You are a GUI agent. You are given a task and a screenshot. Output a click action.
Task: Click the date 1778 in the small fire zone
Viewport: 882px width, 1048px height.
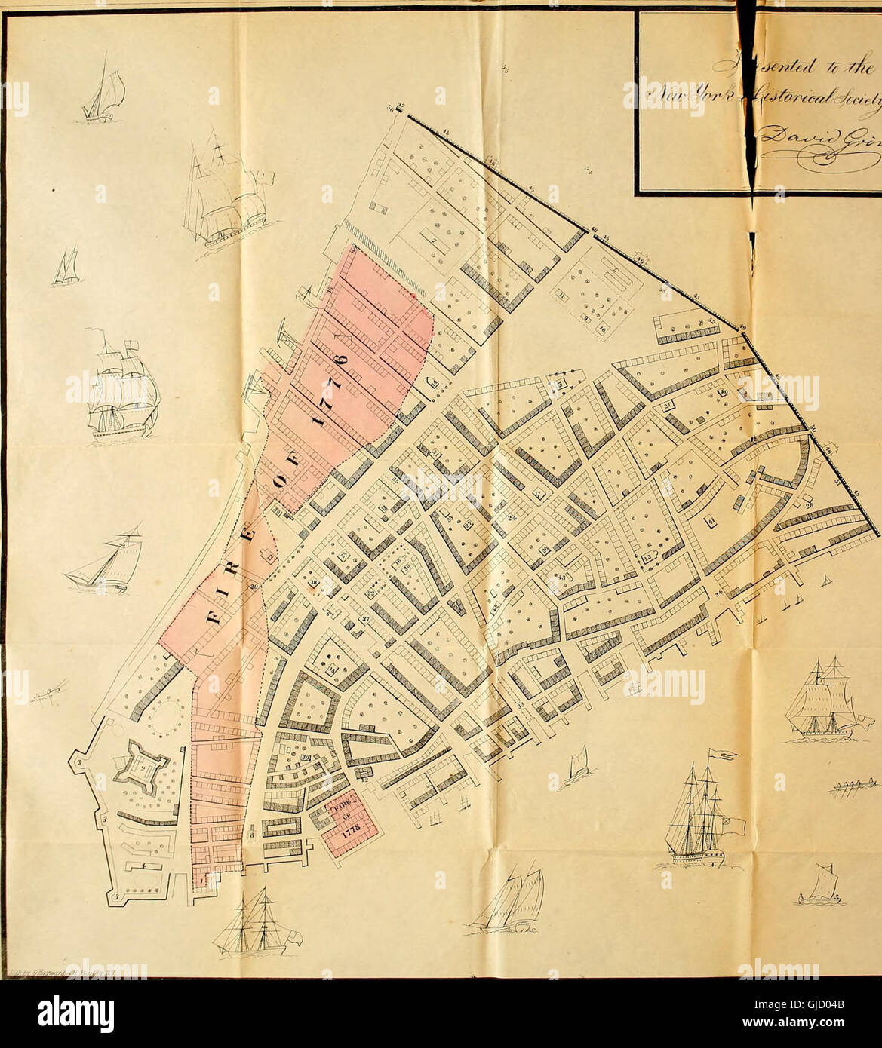[x=343, y=835]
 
